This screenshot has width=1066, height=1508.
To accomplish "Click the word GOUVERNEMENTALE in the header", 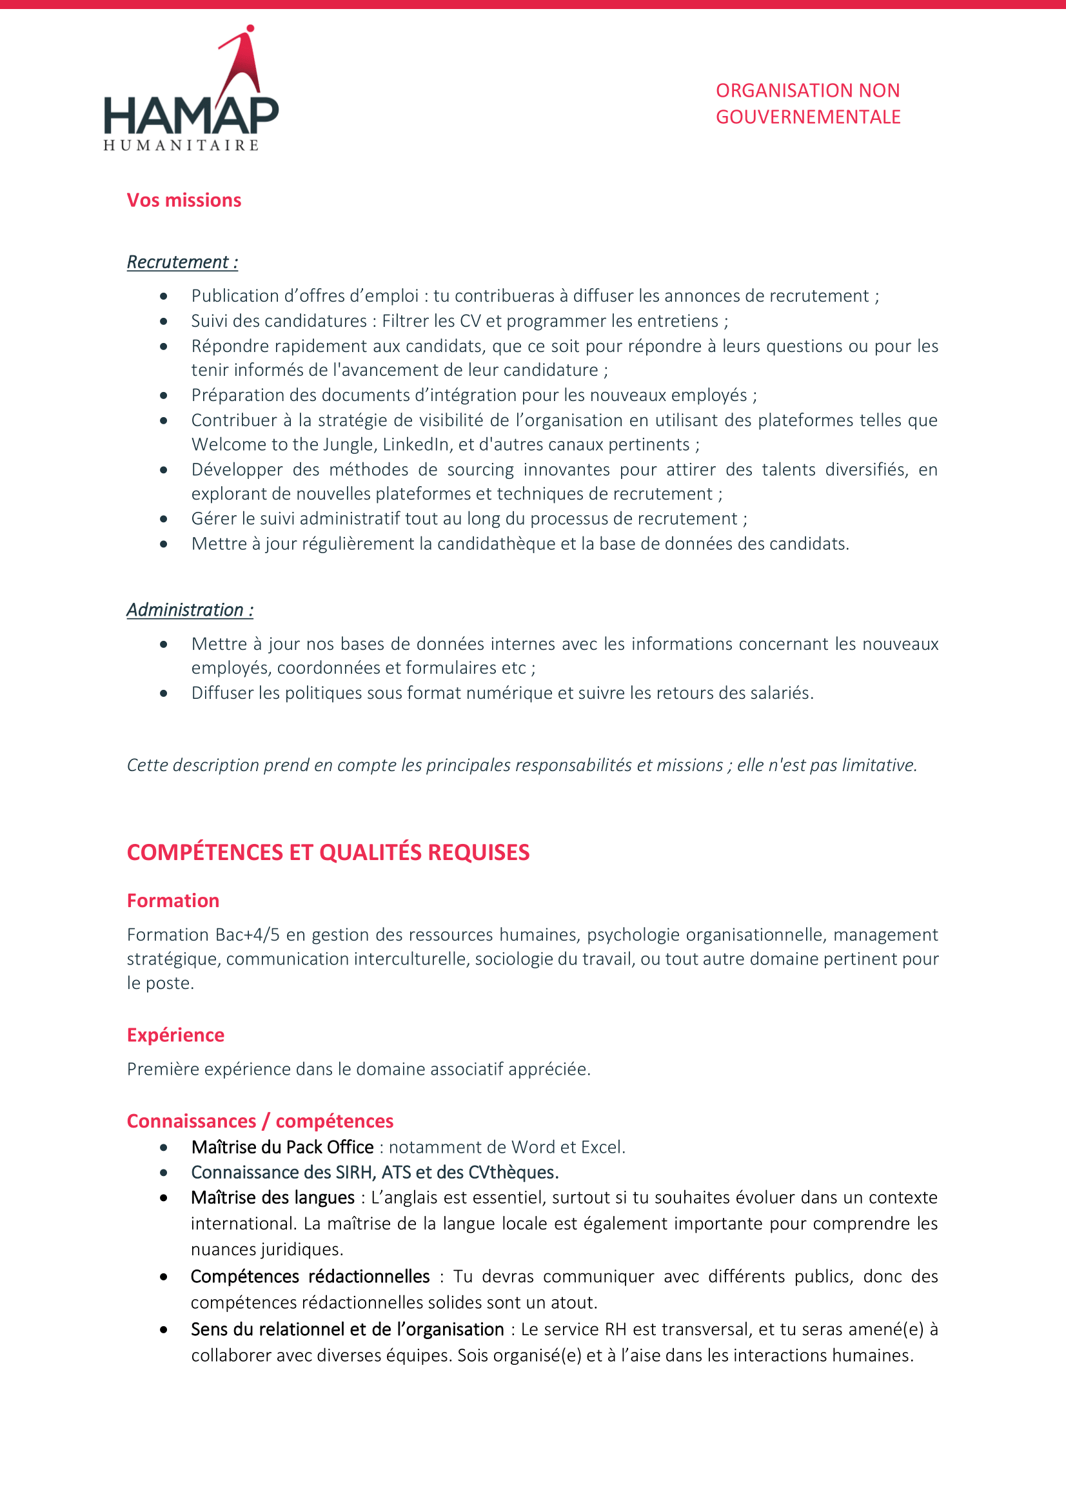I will [808, 117].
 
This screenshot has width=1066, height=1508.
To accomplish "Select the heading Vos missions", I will [184, 201].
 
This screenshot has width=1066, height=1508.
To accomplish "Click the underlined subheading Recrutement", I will [182, 262].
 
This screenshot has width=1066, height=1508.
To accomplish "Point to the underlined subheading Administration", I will [190, 610].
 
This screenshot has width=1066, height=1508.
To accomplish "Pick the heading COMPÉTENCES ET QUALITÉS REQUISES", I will [328, 852].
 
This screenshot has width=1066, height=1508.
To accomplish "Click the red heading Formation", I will [173, 901].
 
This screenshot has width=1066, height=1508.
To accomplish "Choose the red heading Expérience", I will [175, 1035].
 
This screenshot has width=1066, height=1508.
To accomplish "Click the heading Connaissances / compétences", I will [260, 1121].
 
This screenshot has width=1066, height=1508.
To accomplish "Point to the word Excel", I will [602, 1148].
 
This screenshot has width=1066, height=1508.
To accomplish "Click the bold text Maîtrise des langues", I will [273, 1197].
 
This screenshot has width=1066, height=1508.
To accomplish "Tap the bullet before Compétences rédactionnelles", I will [164, 1277].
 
